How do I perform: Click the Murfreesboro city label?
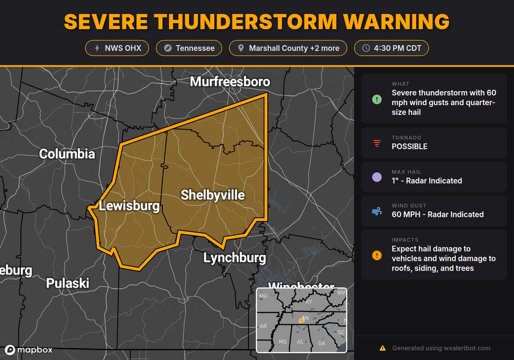(x=230, y=82)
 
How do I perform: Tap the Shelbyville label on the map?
(x=213, y=195)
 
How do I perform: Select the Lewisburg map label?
(x=129, y=206)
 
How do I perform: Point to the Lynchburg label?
(x=234, y=258)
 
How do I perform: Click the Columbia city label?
(x=67, y=154)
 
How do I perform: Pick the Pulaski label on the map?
(x=68, y=283)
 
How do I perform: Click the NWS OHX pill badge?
(x=117, y=48)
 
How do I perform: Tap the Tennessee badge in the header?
(x=188, y=48)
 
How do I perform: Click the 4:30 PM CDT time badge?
(x=391, y=48)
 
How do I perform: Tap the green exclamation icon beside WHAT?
(x=377, y=100)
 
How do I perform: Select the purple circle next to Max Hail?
(x=377, y=177)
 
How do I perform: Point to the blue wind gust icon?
(x=377, y=211)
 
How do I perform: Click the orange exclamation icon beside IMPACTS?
(x=377, y=256)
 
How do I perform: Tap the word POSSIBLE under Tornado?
(x=409, y=147)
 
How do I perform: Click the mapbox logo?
(x=29, y=350)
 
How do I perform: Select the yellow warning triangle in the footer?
(x=383, y=348)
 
